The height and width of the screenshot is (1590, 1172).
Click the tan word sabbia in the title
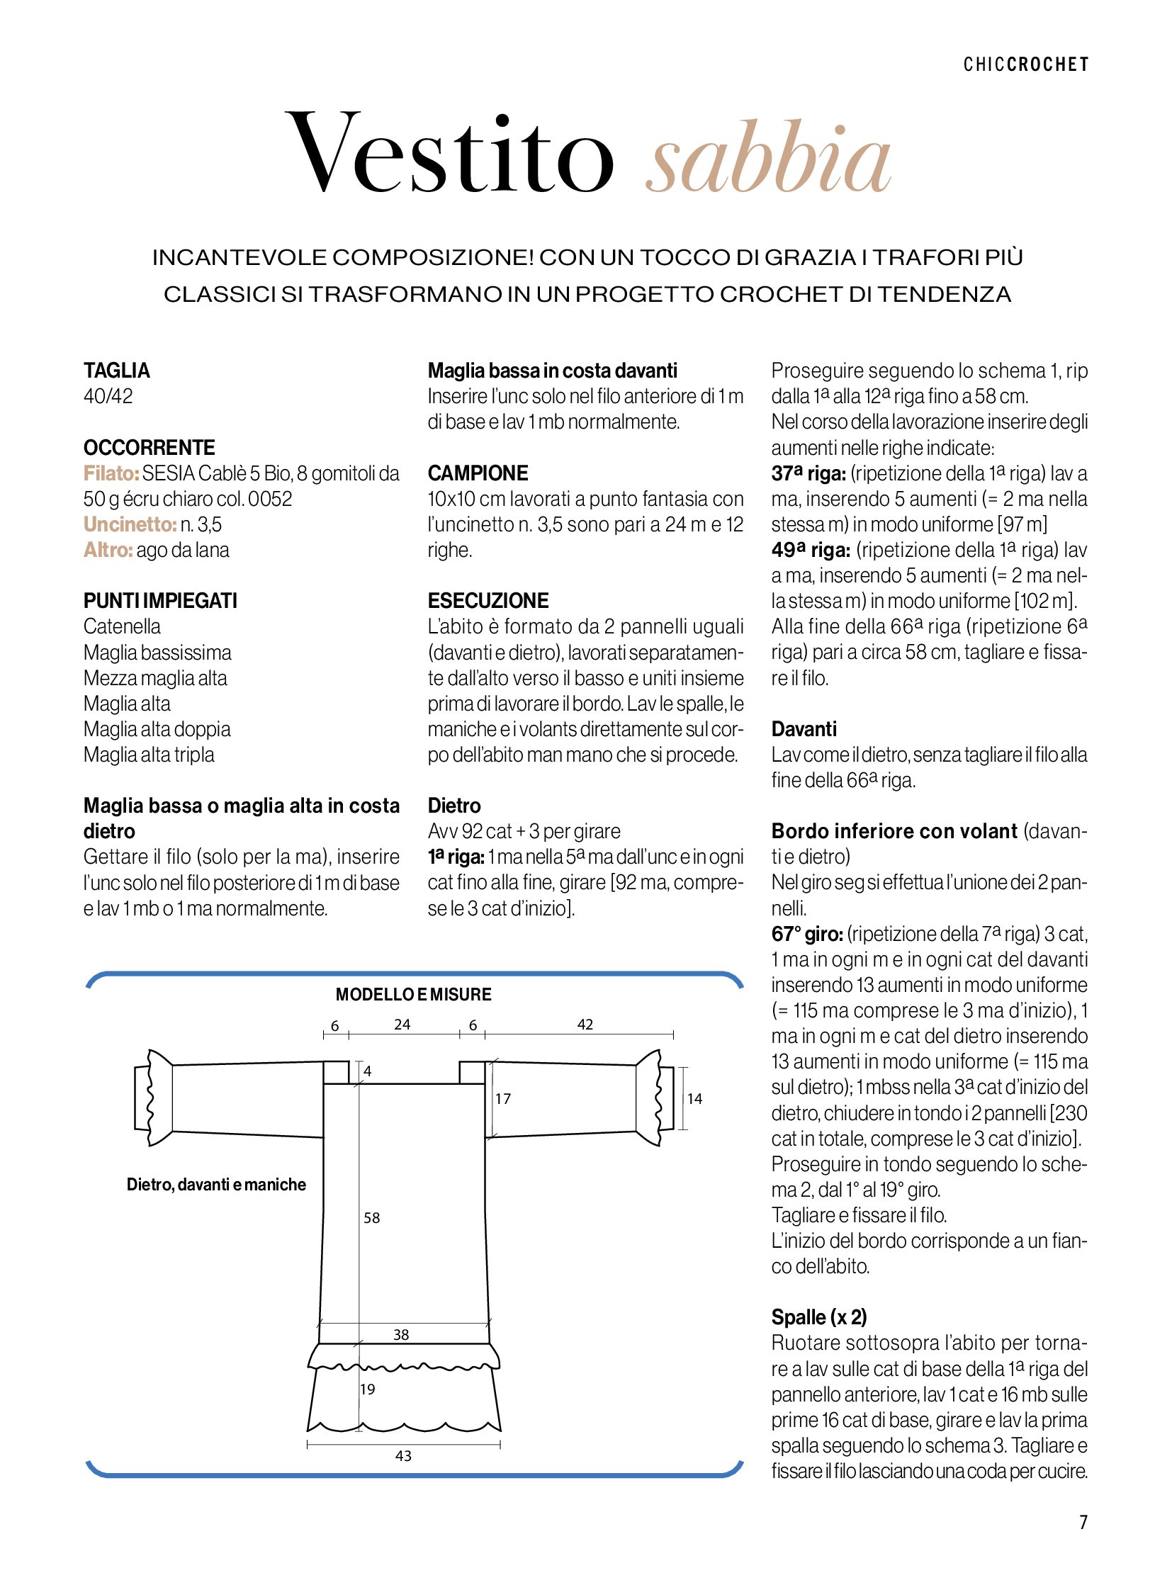click(767, 157)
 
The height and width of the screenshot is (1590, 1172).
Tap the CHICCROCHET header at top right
click(1025, 64)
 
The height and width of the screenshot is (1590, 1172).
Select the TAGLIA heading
click(117, 371)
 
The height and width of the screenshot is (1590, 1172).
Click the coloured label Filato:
click(111, 473)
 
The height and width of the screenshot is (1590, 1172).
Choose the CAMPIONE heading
click(478, 473)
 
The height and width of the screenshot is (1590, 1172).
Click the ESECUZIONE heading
click(488, 601)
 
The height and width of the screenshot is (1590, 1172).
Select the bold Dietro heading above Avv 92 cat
click(454, 806)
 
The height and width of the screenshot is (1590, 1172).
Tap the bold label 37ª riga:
click(808, 473)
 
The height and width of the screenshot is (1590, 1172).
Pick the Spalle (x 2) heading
click(818, 1317)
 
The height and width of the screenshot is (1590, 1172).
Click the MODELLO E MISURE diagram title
click(414, 995)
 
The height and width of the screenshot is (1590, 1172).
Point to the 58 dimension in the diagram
click(372, 1218)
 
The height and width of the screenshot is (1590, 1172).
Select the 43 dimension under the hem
click(403, 1456)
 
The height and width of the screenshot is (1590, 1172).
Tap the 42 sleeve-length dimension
click(585, 1025)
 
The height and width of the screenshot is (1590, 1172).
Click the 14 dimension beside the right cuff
click(694, 1099)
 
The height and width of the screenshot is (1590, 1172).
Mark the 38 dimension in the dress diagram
click(402, 1335)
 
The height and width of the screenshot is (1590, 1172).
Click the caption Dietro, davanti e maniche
click(216, 1184)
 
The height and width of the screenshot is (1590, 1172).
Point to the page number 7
click(1083, 1522)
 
